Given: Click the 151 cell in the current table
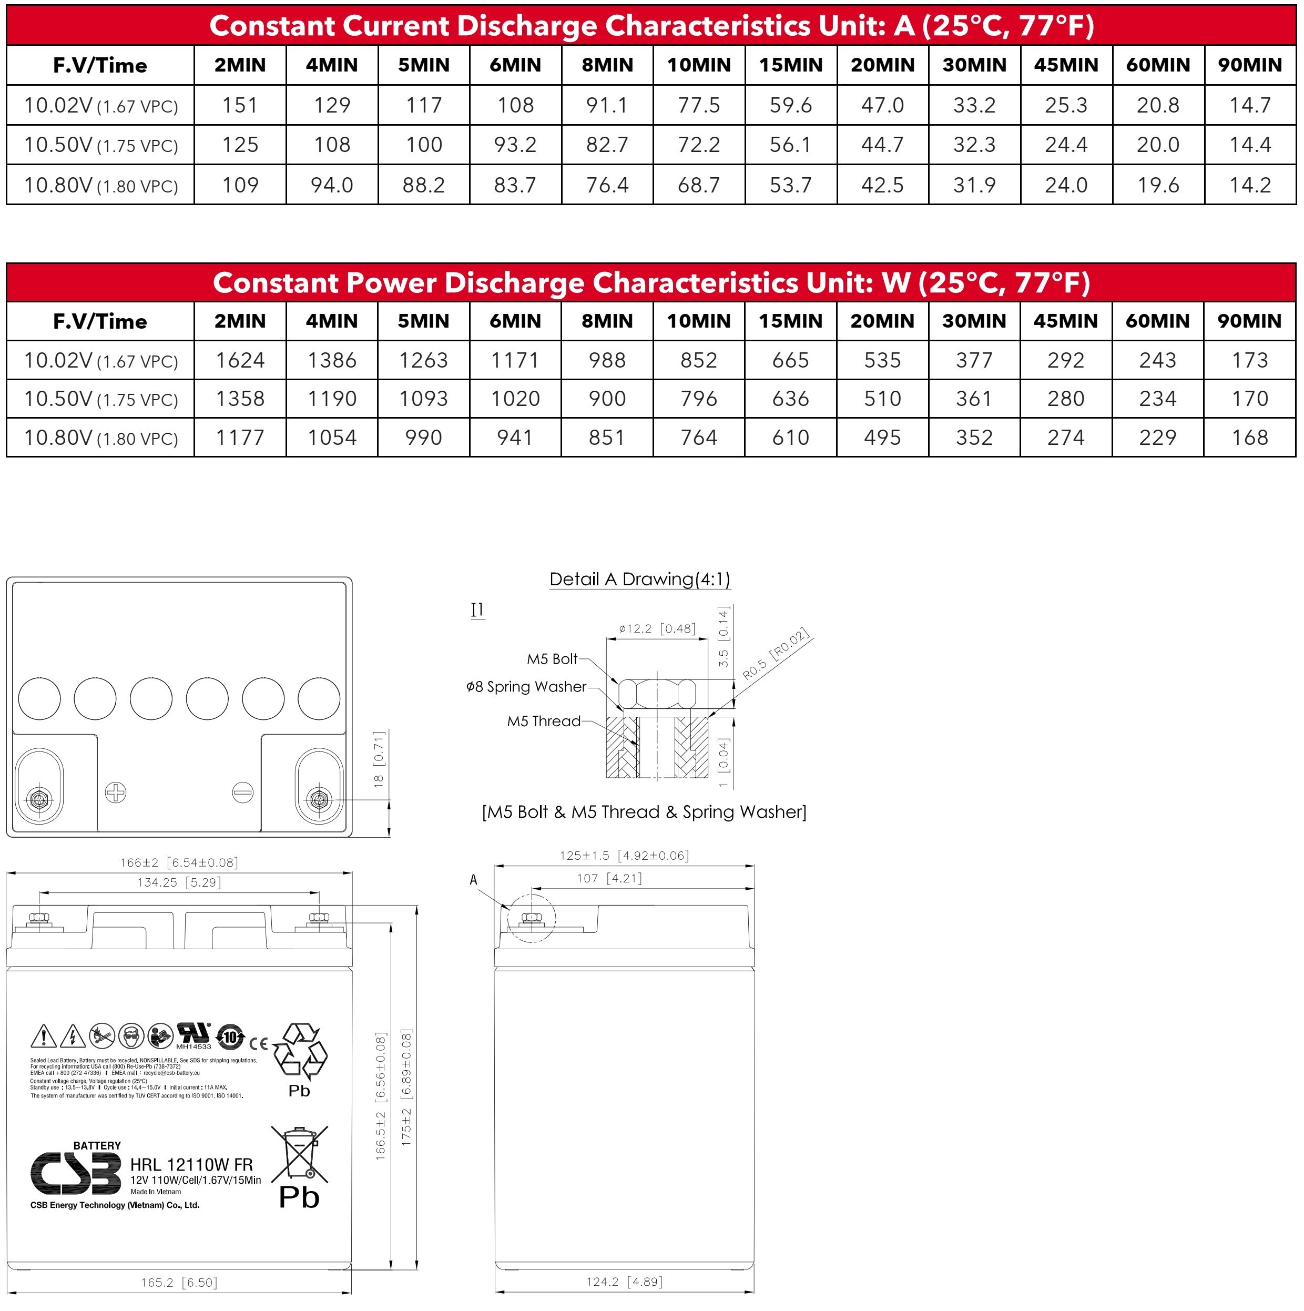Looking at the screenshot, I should [x=240, y=105].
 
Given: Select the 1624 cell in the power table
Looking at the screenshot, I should [x=240, y=360].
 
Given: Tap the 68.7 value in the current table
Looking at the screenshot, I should [x=699, y=185].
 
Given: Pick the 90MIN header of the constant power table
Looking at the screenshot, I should [x=1250, y=321].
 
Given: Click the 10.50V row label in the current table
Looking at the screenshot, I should [x=100, y=145].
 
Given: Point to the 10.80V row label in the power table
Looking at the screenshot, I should [x=100, y=438].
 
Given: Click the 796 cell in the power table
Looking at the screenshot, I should [x=699, y=399].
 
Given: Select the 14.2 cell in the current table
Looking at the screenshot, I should [x=1250, y=185].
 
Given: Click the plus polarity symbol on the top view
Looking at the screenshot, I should [x=116, y=792].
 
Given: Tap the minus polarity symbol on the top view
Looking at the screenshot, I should [x=243, y=792].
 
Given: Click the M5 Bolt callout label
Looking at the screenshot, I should [x=552, y=659].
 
